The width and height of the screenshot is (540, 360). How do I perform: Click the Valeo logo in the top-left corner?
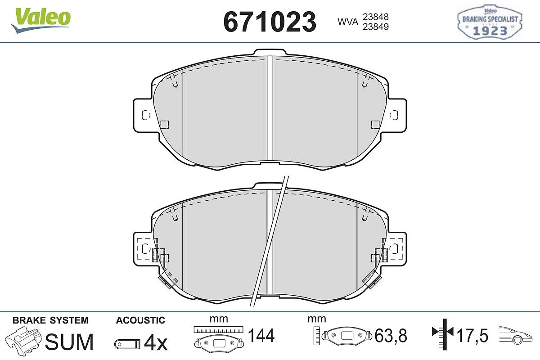click(x=41, y=20)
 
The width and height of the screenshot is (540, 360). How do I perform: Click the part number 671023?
click(x=270, y=22)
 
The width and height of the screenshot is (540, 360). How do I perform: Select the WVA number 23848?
click(x=376, y=17)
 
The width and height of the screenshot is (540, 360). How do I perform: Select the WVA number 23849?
click(x=376, y=27)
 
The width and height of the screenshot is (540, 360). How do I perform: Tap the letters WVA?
click(x=348, y=22)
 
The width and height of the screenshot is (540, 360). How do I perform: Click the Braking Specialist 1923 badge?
click(x=490, y=22)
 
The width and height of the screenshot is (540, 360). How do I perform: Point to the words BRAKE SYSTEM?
click(x=50, y=320)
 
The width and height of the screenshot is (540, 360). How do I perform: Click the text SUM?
click(x=69, y=342)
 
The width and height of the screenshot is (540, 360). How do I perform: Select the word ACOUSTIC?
click(x=140, y=320)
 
